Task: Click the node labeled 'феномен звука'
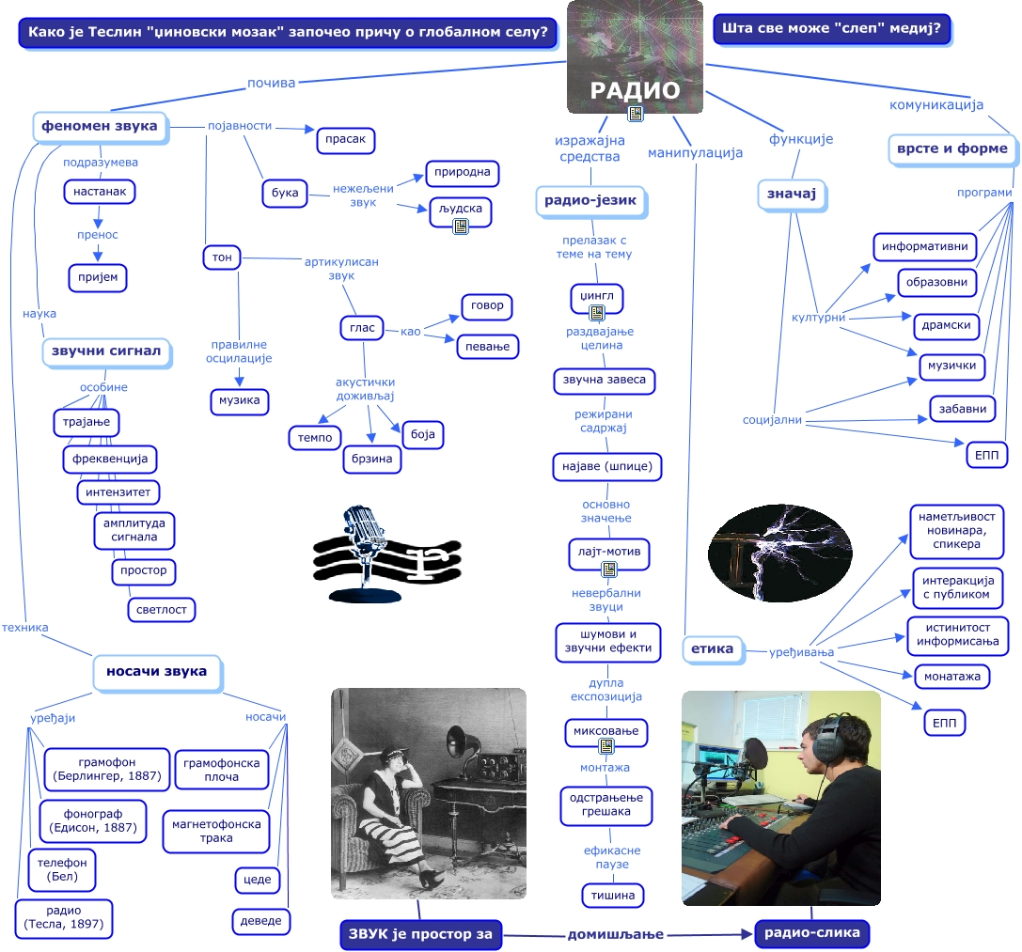click(100, 126)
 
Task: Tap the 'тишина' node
click(613, 895)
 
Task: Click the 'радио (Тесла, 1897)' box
click(64, 918)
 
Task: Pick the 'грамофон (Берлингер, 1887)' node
click(107, 769)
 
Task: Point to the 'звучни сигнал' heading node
click(105, 351)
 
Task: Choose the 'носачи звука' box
click(157, 671)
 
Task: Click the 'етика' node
click(712, 648)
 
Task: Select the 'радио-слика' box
click(812, 933)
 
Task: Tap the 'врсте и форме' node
click(951, 148)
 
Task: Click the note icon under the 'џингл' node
click(596, 313)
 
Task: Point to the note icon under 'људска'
click(461, 226)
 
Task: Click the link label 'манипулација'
click(695, 152)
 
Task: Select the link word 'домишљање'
click(615, 934)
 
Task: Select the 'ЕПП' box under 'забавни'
click(986, 455)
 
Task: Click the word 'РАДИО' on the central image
click(635, 90)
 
